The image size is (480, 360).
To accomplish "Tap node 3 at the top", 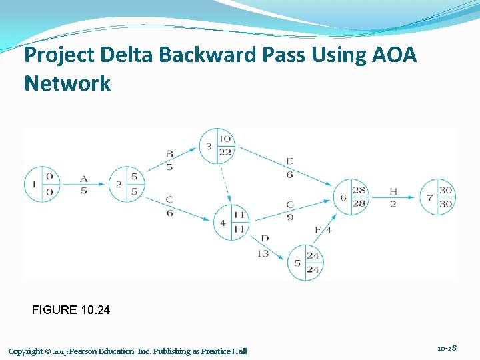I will coord(217,146).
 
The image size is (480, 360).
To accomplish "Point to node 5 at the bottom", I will coord(305,262).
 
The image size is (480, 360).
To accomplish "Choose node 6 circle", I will coord(351,197).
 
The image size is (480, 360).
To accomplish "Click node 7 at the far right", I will coord(437,197).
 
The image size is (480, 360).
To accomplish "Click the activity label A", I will coord(84,178).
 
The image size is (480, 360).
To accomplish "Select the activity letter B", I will coord(169,155).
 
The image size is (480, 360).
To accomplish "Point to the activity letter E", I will coord(289,161).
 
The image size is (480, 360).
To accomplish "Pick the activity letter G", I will coord(289,205).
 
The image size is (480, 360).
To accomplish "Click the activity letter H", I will coord(393,192).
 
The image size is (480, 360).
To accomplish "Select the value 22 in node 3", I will coord(225,153).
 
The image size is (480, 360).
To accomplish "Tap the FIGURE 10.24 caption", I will coord(71,310).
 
